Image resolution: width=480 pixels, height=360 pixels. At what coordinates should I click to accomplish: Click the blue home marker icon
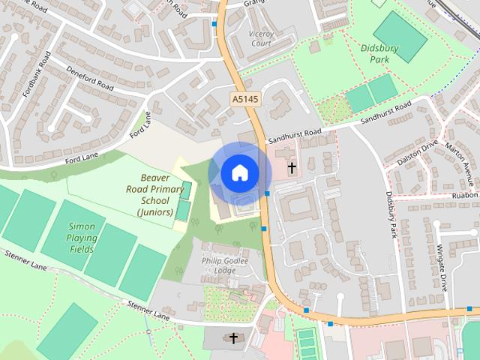pos(239,172)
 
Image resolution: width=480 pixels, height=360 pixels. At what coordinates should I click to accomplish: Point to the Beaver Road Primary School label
pos(155,195)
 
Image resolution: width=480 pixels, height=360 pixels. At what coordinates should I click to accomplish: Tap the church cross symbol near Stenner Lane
pos(233,338)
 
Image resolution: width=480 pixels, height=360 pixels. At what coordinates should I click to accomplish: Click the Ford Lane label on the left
pos(81,156)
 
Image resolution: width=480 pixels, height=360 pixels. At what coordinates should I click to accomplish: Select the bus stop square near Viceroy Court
pos(215,24)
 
